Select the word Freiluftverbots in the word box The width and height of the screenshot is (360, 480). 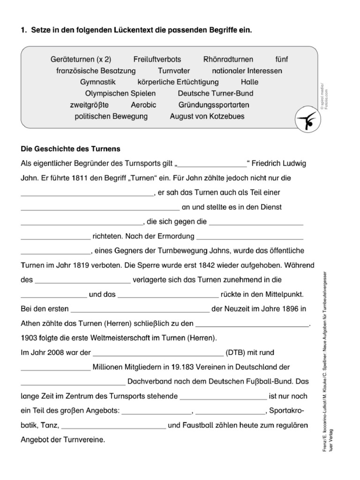(x=157, y=60)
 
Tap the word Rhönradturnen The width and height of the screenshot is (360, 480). (x=228, y=60)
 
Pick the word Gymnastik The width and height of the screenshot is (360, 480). (x=97, y=82)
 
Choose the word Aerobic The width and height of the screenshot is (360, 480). (x=143, y=105)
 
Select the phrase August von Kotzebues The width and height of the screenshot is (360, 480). (x=207, y=116)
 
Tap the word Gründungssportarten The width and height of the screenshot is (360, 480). (x=214, y=105)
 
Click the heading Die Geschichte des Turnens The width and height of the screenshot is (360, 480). (x=71, y=149)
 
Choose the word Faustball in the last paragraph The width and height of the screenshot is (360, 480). (x=198, y=426)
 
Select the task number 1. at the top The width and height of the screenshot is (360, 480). (x=23, y=30)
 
